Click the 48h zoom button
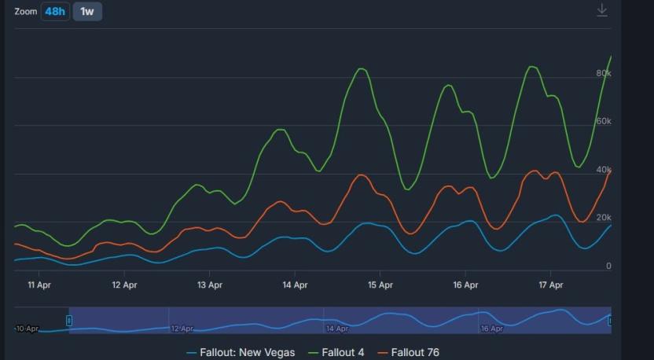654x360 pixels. (x=55, y=12)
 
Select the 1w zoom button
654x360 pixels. (x=87, y=12)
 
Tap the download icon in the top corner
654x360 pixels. (x=602, y=10)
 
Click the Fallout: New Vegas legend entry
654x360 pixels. (x=241, y=352)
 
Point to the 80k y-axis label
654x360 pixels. (x=604, y=74)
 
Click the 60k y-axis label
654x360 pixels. (x=604, y=122)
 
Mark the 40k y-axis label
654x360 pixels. (x=604, y=170)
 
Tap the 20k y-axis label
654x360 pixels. (x=604, y=218)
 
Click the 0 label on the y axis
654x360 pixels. (x=608, y=266)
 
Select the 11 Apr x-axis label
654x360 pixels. (x=39, y=285)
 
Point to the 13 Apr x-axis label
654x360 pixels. (x=209, y=285)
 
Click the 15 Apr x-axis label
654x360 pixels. (x=380, y=285)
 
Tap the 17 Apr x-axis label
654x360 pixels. (x=550, y=285)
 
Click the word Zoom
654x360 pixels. (x=26, y=12)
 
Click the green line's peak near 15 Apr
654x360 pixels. (x=362, y=69)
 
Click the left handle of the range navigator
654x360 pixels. (x=69, y=321)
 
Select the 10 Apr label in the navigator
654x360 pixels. (x=27, y=329)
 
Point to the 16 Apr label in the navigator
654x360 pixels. (x=492, y=329)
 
